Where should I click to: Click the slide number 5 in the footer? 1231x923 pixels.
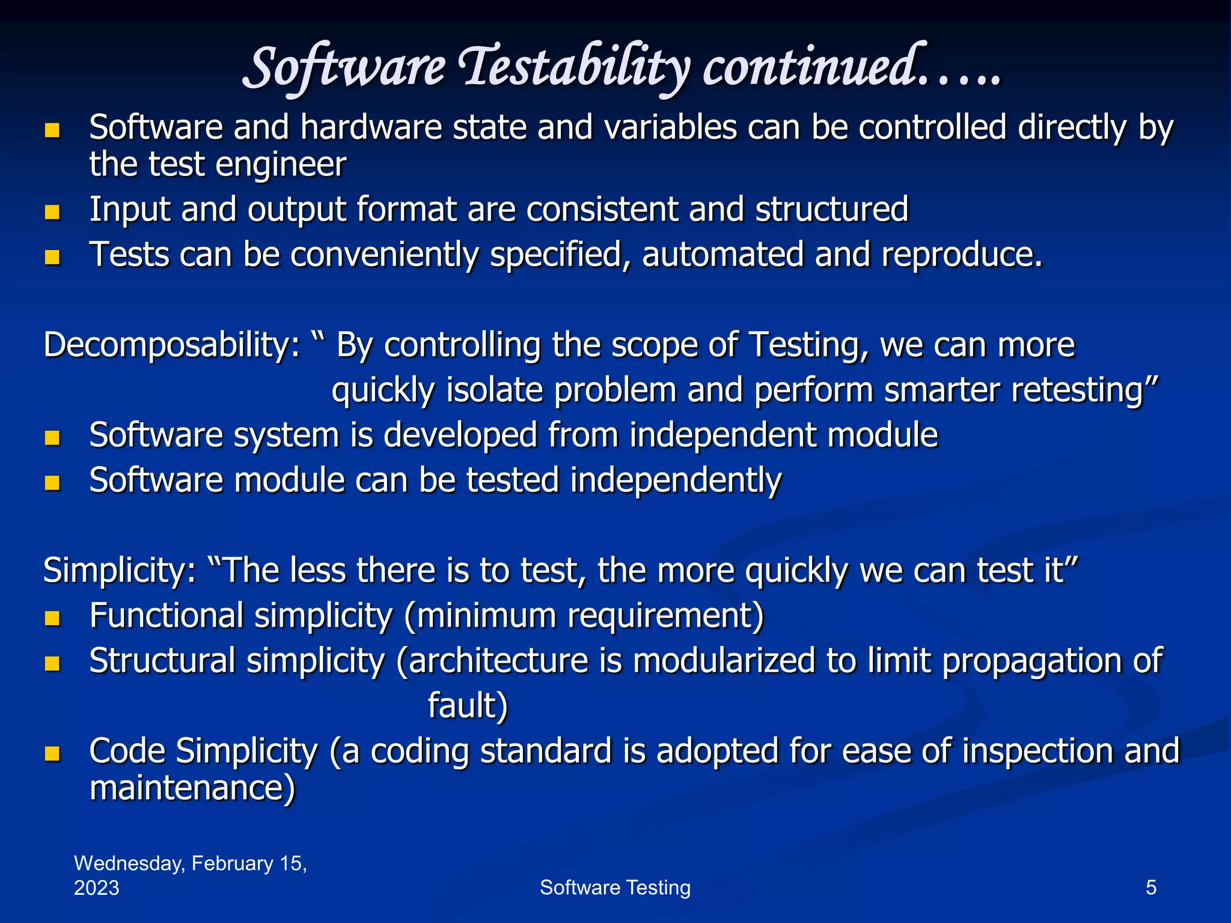1151,887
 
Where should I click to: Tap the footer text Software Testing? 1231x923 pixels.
615,887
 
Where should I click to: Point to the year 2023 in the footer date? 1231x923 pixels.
97,888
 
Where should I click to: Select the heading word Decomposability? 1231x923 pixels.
171,346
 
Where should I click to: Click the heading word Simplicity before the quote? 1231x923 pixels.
119,570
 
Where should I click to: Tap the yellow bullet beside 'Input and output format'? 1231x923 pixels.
52,212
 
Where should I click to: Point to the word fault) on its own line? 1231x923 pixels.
468,705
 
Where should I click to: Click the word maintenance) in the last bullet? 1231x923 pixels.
192,788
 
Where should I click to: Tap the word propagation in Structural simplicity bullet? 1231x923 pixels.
1022,661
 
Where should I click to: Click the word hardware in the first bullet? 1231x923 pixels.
371,128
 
